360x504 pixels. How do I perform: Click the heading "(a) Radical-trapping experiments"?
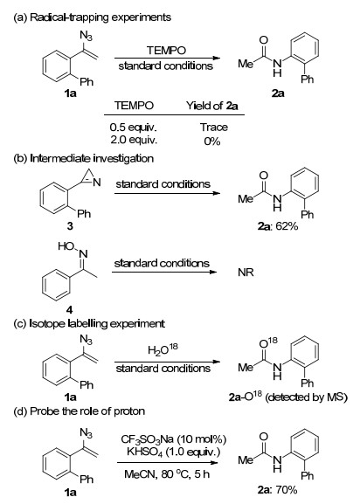[93, 17]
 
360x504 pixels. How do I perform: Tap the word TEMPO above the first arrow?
[166, 51]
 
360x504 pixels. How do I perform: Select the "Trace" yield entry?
[214, 128]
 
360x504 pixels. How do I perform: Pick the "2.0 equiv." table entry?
[134, 140]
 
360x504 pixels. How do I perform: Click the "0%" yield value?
[212, 142]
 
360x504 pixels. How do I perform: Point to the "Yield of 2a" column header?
[212, 106]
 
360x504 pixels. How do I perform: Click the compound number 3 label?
[70, 226]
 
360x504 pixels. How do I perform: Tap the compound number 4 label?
[69, 309]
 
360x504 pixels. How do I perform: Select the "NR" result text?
[246, 273]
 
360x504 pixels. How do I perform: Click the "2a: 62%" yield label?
[278, 226]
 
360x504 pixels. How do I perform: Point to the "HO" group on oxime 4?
[66, 246]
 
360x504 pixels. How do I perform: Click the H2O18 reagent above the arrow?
[163, 349]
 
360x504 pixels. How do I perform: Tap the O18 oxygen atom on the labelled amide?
[268, 342]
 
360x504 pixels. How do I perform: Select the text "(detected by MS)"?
[307, 397]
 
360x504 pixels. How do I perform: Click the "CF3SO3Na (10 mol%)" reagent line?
[174, 439]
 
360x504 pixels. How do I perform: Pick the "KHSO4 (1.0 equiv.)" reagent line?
[174, 452]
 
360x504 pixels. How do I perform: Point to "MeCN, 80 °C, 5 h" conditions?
[167, 474]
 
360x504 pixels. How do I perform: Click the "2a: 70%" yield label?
[277, 490]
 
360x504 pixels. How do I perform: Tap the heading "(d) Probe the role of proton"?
[79, 411]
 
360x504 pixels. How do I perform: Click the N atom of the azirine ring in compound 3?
[97, 183]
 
